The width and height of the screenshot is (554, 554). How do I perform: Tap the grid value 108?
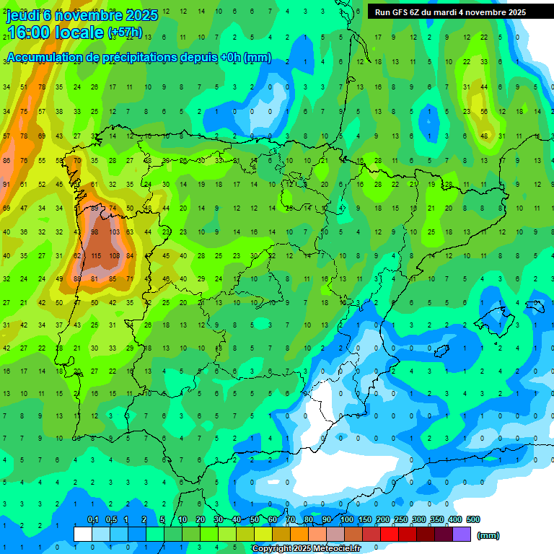click(114, 256)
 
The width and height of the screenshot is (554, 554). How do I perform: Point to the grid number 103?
click(114, 232)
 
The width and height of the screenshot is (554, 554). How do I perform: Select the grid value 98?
click(95, 232)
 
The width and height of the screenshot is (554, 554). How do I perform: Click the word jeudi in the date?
click(23, 15)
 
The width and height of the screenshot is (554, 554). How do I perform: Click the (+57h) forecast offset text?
click(125, 33)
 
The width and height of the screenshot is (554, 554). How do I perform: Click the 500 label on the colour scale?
click(473, 519)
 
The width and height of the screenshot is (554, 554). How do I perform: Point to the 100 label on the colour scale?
click(347, 519)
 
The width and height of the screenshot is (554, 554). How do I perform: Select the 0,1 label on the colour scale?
click(93, 519)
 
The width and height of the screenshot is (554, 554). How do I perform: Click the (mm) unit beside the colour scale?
click(489, 535)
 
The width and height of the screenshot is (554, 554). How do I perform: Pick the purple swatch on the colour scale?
click(462, 534)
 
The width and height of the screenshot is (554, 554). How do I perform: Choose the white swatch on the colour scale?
click(83, 534)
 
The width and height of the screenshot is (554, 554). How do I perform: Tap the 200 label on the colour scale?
click(383, 519)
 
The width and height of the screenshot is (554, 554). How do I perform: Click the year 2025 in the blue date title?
click(142, 15)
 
